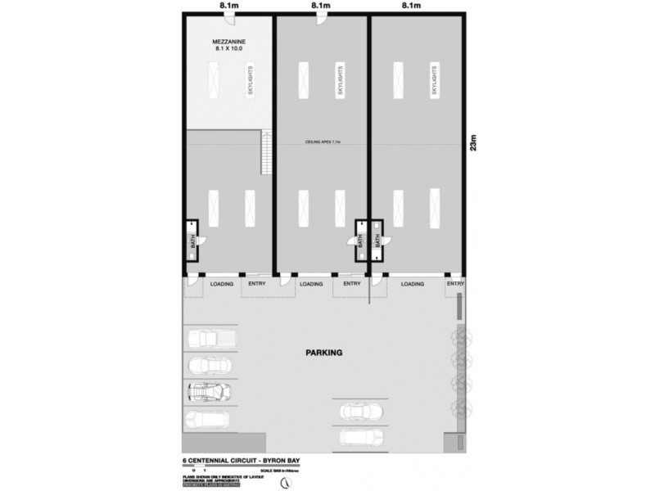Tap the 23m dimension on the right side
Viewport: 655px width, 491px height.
[x=481, y=144]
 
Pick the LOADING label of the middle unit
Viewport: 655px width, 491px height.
[x=310, y=284]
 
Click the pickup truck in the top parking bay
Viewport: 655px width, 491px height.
[x=210, y=338]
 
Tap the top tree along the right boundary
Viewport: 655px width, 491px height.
[x=458, y=336]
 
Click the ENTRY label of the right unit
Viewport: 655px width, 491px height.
[x=455, y=284]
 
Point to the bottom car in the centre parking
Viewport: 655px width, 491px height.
[x=361, y=437]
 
